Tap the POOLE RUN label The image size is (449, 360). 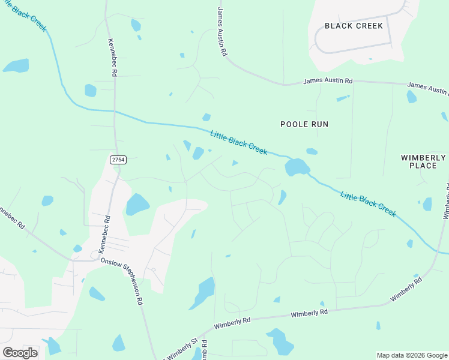click(x=304, y=124)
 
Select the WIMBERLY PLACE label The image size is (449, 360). click(x=423, y=161)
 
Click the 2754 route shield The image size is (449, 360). click(x=118, y=159)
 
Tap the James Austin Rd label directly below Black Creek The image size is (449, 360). click(x=328, y=80)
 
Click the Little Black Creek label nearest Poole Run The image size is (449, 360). click(x=239, y=143)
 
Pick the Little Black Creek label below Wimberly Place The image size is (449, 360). click(x=368, y=204)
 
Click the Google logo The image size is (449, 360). click(x=20, y=353)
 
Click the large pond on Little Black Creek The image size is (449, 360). click(x=297, y=167)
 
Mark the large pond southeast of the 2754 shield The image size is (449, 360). click(x=137, y=205)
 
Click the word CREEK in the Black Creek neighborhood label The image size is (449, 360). click(x=362, y=26)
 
